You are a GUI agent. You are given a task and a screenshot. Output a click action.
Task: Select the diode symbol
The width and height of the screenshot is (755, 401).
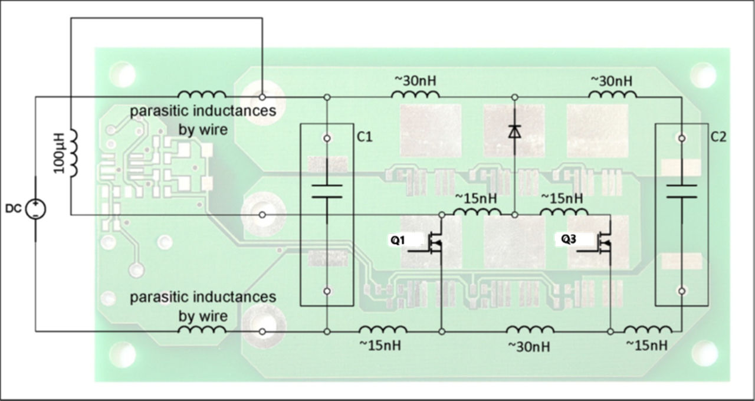pos(515,132)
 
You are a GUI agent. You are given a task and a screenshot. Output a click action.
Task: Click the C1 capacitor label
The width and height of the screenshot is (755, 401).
pos(365,137)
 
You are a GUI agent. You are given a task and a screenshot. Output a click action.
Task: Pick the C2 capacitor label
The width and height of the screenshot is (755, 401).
pos(718,137)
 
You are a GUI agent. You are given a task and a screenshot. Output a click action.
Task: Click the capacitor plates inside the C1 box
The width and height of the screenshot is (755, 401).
pos(327,190)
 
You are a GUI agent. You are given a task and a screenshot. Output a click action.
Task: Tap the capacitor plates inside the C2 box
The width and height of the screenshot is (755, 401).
pos(681,191)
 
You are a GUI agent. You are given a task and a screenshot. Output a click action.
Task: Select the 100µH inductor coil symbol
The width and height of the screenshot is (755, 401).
pos(74,153)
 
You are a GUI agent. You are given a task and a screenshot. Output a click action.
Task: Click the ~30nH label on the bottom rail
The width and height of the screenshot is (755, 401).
pos(528,347)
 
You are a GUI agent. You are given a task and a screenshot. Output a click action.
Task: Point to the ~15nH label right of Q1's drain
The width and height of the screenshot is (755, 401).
pos(477,198)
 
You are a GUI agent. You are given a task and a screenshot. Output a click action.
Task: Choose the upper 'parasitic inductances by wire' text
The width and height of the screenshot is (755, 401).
pos(203,120)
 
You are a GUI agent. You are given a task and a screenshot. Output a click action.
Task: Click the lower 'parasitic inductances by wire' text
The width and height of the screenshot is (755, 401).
pos(203,306)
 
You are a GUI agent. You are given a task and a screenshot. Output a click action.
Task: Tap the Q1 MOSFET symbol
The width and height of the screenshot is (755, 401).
pos(435,241)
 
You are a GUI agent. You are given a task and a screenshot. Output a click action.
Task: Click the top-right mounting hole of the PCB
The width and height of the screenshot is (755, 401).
pos(703,75)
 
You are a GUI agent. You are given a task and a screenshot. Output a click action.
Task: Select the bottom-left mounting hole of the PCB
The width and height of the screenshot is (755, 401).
pos(123,354)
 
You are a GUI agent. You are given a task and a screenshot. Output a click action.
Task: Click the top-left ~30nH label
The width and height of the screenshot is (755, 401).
pos(415,80)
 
